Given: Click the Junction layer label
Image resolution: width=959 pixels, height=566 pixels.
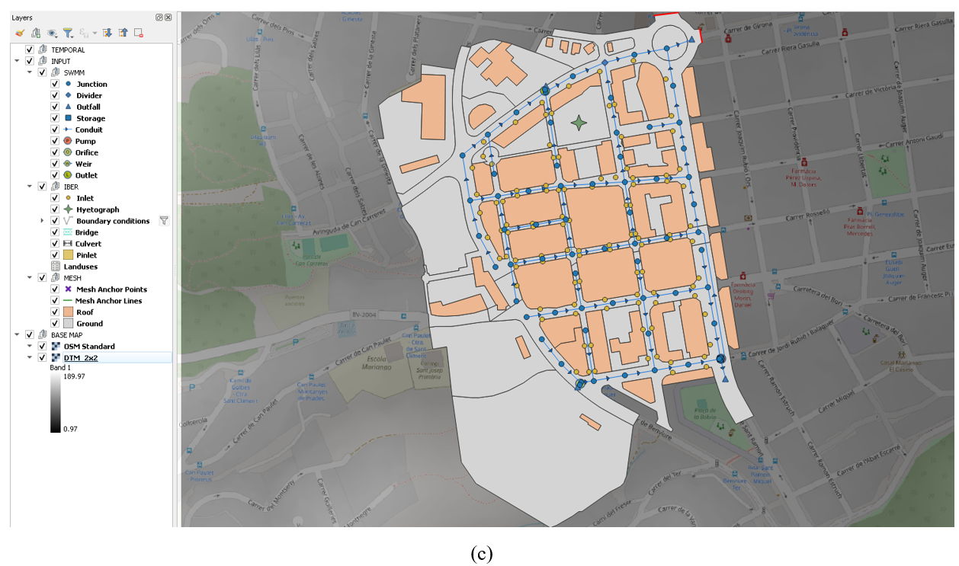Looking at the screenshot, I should tap(91, 84).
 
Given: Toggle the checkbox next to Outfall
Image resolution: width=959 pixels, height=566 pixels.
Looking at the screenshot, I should tap(55, 107).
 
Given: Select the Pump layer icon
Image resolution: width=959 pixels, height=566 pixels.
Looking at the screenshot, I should tap(68, 141).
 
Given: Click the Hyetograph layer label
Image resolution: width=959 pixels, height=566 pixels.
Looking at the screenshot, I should tap(98, 209).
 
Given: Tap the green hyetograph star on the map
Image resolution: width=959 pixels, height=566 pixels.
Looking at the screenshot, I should tap(579, 123).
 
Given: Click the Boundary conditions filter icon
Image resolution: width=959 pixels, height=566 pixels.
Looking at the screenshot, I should tap(163, 221).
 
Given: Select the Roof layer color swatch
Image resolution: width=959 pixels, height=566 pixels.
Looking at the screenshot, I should tap(68, 312).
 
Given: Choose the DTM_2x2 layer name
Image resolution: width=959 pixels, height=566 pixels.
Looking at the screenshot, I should tap(80, 357).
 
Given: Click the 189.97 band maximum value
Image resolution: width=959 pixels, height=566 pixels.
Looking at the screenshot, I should tap(74, 376).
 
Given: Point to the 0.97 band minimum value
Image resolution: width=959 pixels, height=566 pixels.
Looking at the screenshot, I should tap(70, 429).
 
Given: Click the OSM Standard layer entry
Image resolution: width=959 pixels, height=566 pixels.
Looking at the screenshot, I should tap(89, 346).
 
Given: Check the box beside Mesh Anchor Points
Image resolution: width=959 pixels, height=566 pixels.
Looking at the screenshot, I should tap(55, 289).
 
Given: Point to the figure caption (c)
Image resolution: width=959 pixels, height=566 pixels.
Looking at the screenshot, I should tap(482, 554).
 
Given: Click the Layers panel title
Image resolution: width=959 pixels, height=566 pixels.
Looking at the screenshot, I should tap(22, 17).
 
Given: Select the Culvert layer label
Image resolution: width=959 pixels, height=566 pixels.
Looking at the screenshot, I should tap(88, 244).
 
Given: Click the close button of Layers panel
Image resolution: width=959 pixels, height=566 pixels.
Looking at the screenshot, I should tap(168, 17).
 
